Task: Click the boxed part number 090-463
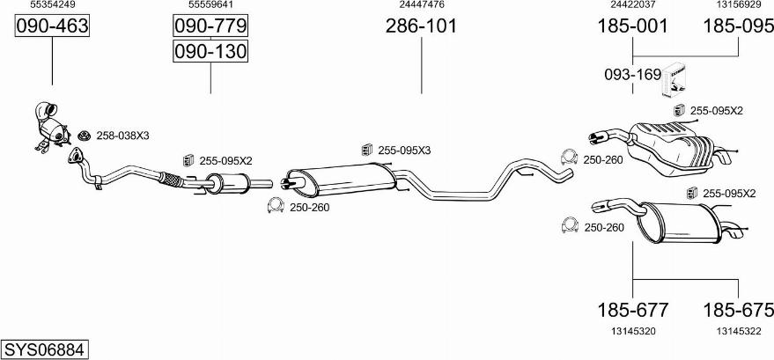tap(52, 26)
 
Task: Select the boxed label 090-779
tap(210, 26)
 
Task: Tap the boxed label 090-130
tap(210, 51)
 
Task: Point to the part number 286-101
tap(421, 26)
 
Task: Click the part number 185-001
tap(632, 26)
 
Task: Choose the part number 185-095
tap(738, 26)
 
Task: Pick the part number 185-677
tap(633, 310)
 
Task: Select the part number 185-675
tap(739, 310)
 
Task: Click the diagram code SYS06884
tap(45, 349)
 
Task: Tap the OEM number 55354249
tap(53, 4)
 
